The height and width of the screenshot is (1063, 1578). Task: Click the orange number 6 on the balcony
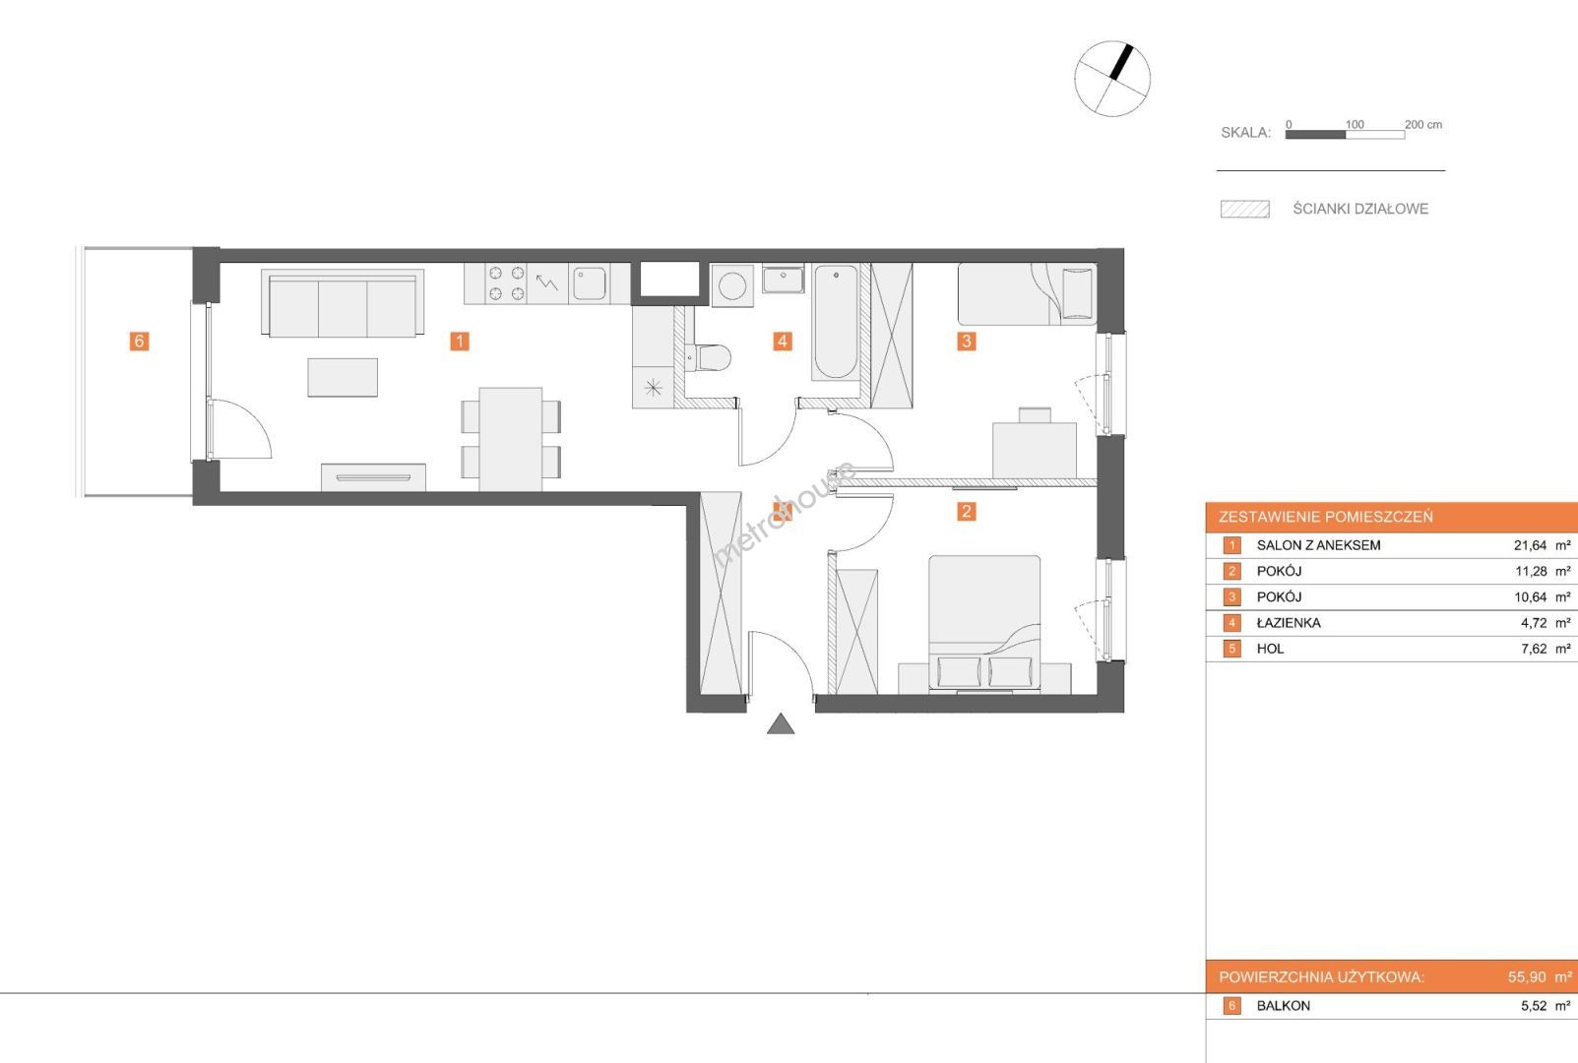pos(139,341)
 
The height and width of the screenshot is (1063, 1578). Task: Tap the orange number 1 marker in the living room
pos(460,341)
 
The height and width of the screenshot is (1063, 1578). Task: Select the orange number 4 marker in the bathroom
pos(782,341)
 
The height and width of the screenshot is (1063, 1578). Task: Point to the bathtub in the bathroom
pos(836,322)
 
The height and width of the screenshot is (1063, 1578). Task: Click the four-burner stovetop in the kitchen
pos(506,283)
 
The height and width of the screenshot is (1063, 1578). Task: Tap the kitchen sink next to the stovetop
pos(589,283)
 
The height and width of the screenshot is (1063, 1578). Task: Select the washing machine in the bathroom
pos(732,286)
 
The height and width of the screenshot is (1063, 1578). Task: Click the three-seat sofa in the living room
pos(343,303)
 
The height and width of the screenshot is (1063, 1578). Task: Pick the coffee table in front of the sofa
pos(343,378)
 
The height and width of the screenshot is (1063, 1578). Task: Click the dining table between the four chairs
pos(511,439)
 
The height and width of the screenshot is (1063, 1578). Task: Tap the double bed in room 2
pos(984,624)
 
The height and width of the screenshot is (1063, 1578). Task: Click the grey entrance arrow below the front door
pos(781,724)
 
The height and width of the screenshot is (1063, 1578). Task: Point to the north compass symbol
pos(1112,78)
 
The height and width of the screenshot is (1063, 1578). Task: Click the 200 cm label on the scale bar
pos(1423,125)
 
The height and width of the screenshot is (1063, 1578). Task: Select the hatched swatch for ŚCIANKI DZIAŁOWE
pos(1245,210)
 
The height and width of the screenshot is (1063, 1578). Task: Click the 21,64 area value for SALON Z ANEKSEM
pos(1530,545)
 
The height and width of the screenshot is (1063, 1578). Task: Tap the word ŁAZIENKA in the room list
pos(1289,623)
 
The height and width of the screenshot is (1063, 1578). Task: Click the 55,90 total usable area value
pos(1527,977)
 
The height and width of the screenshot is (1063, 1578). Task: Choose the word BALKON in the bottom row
pos(1284,1006)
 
